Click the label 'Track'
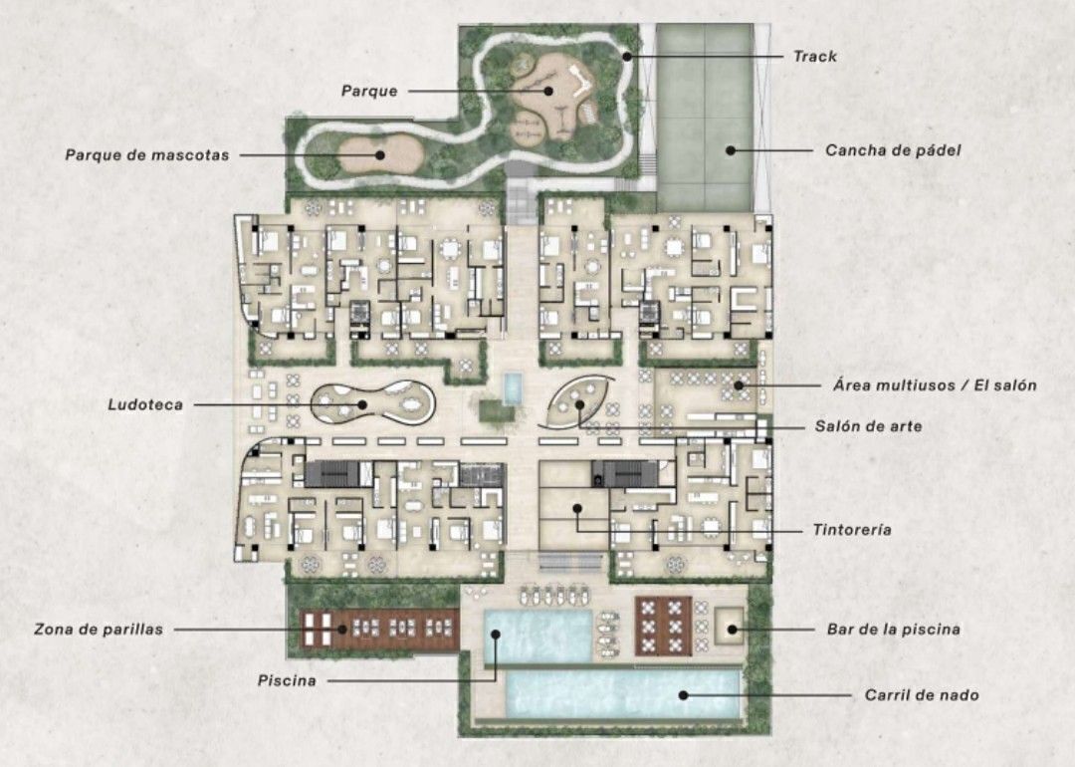[x=814, y=56]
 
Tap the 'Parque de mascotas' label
[x=147, y=155]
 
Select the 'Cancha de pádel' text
[x=893, y=150]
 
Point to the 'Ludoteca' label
[x=145, y=404]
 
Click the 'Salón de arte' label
[x=868, y=426]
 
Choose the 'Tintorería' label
[x=852, y=530]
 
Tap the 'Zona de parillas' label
[x=99, y=630]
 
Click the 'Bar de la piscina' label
[x=893, y=630]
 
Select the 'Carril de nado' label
[x=922, y=695]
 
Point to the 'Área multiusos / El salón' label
[x=935, y=384]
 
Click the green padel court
[x=705, y=118]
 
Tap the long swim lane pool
[x=622, y=694]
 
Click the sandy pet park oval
[x=380, y=155]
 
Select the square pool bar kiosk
[x=729, y=625]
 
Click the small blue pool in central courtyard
[x=513, y=389]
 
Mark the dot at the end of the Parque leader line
[x=548, y=91]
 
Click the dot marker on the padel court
[x=731, y=150]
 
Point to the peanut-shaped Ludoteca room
[x=373, y=404]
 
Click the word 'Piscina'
[x=287, y=680]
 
